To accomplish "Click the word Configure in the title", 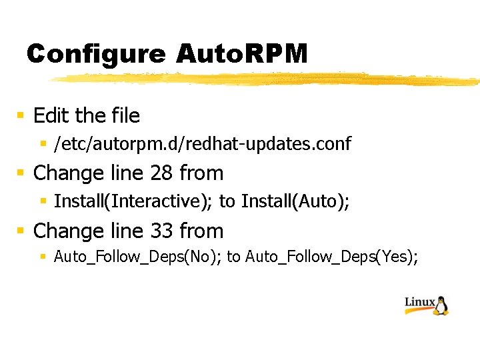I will pos(95,54).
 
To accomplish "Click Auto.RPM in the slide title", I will pos(241,54).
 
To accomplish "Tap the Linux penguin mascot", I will pos(441,305).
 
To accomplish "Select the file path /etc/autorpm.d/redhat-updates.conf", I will pos(202,143).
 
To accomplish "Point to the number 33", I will pos(161,231).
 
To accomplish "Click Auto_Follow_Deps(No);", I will pos(138,257).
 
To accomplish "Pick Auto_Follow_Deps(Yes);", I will pos(332,257).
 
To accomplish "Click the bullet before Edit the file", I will pos(21,116).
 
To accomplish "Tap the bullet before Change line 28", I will pos(21,173).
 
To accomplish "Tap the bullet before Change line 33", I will pos(21,231).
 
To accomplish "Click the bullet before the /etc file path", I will pos(43,143).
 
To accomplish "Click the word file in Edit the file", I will pos(125,116).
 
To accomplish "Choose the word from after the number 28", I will pos(201,173).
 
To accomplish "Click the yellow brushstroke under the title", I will pos(267,79).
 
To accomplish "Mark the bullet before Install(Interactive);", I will pos(43,201).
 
